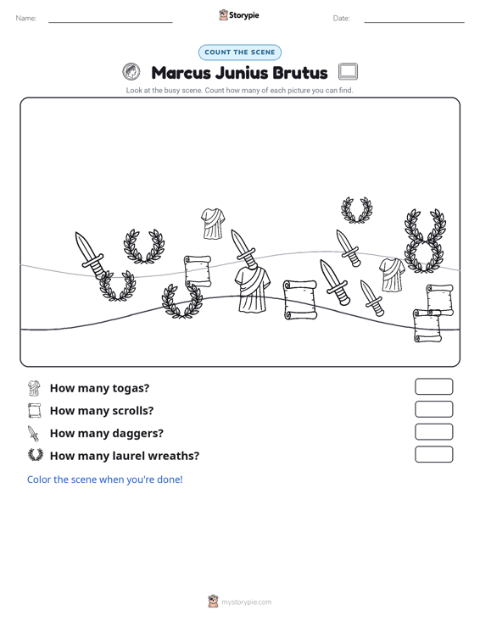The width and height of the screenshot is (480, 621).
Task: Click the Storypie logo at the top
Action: pyautogui.click(x=239, y=15)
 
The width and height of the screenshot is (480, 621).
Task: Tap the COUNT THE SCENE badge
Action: pyautogui.click(x=240, y=53)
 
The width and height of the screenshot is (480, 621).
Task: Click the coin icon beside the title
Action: pyautogui.click(x=131, y=72)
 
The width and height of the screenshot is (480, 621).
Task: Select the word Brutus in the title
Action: pyautogui.click(x=300, y=73)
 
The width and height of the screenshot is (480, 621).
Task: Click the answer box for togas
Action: pyautogui.click(x=433, y=386)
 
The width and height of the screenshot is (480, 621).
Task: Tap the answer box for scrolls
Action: pyautogui.click(x=433, y=409)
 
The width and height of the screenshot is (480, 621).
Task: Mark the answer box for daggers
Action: pyautogui.click(x=433, y=432)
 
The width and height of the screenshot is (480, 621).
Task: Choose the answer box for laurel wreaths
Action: pyautogui.click(x=433, y=454)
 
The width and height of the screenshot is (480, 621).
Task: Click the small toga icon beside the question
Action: pyautogui.click(x=35, y=388)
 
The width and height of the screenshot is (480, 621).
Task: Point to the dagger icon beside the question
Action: pyautogui.click(x=33, y=433)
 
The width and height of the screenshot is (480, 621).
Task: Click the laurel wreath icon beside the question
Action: pyautogui.click(x=36, y=455)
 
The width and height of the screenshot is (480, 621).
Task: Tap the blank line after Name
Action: pyautogui.click(x=110, y=22)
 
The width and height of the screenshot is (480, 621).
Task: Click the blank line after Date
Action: pyautogui.click(x=414, y=22)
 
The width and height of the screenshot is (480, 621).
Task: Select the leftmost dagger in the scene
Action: pyautogui.click(x=90, y=256)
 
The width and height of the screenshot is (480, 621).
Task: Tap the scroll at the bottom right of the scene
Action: pyautogui.click(x=427, y=325)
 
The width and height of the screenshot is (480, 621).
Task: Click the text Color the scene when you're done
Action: pyautogui.click(x=104, y=480)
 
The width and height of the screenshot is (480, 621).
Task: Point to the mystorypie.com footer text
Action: pyautogui.click(x=246, y=602)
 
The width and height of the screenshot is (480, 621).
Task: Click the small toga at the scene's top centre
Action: pyautogui.click(x=213, y=224)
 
